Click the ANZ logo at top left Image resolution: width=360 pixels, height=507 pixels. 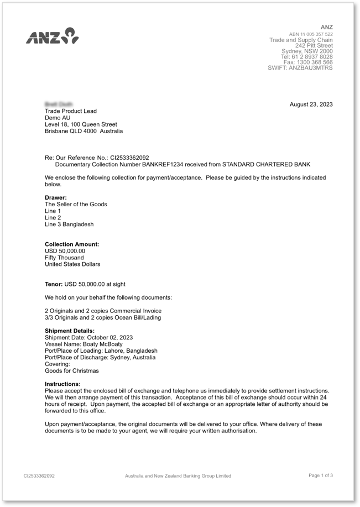pos(52,36)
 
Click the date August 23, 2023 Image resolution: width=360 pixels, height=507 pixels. pos(311,104)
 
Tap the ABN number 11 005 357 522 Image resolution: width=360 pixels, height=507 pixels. pos(318,34)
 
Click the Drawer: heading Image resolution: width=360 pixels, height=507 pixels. pos(55,197)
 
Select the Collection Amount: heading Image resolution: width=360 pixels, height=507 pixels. pos(71,244)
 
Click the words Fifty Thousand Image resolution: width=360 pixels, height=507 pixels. pos(64,258)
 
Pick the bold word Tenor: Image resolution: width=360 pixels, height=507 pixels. pos(54,284)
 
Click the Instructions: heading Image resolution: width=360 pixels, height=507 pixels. pos(62,384)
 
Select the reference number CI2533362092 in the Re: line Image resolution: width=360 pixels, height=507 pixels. pos(129,158)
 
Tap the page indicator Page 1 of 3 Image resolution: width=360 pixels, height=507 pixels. pos(320,475)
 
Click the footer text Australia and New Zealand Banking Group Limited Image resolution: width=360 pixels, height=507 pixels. pos(178,476)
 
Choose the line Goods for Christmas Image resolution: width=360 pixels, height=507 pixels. pos(71,370)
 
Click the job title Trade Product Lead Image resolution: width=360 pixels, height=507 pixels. pos(70,111)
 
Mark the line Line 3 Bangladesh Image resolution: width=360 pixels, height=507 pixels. pos(69,224)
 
